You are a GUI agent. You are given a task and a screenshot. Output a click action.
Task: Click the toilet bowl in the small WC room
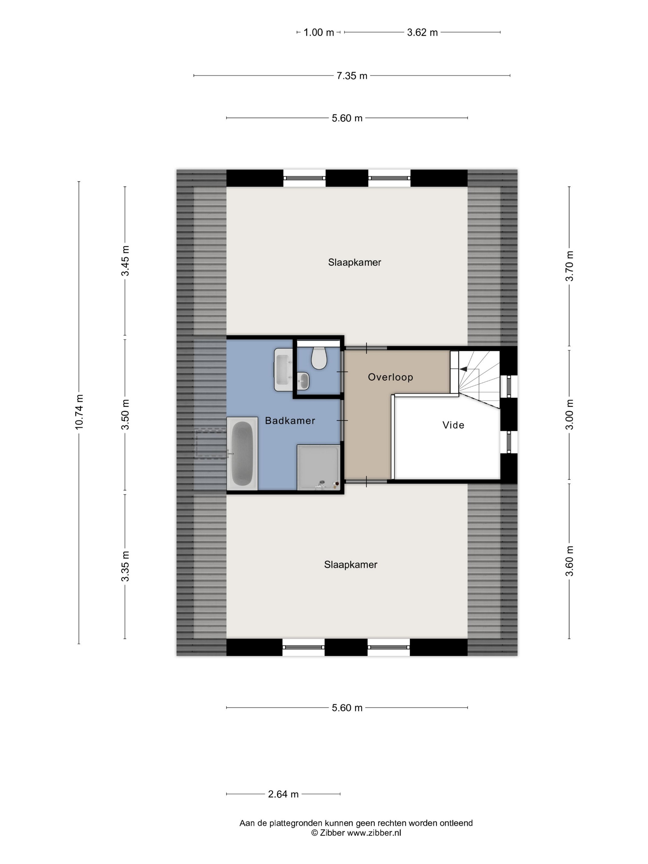[x=319, y=358]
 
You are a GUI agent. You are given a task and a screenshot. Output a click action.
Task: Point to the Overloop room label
[x=390, y=377]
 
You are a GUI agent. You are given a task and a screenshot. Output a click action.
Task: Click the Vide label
[x=453, y=425]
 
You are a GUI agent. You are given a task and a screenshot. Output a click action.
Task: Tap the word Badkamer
[x=290, y=421]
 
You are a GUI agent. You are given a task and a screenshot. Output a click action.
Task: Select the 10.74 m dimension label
[x=79, y=412]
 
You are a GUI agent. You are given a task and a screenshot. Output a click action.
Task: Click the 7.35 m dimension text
[x=352, y=76]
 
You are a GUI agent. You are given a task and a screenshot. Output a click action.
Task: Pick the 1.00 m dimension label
[x=319, y=32]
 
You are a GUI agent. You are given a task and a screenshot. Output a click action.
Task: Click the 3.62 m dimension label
[x=422, y=32]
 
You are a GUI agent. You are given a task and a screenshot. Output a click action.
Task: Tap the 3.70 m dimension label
[x=570, y=266]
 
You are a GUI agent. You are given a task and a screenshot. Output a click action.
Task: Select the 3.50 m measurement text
[x=125, y=414]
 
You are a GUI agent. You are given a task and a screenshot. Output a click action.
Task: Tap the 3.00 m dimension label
[x=570, y=414]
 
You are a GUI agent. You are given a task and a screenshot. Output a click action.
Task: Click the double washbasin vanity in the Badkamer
[x=283, y=369]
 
